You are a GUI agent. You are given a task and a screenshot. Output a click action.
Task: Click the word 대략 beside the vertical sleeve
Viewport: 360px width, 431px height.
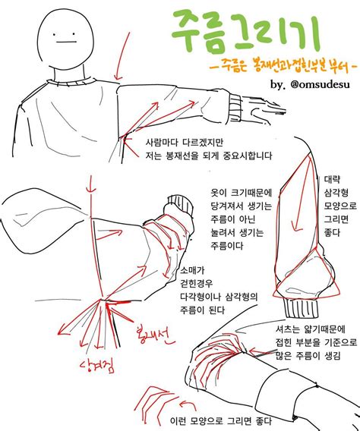click(x=333, y=181)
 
